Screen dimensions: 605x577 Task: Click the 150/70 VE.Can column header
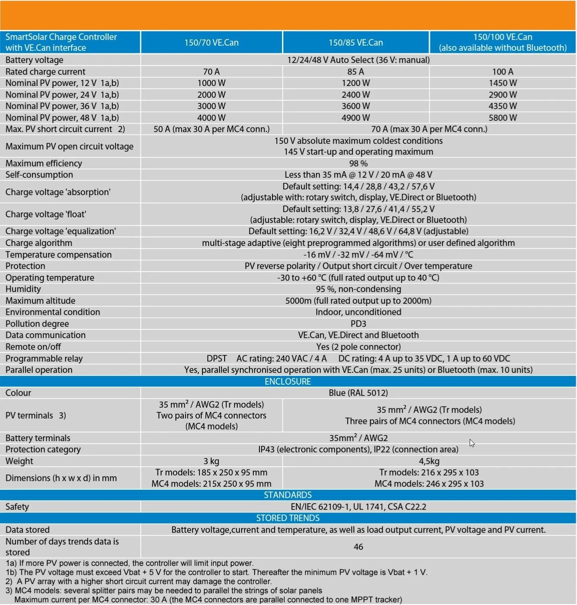tap(211, 43)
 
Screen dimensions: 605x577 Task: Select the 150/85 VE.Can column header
tap(355, 43)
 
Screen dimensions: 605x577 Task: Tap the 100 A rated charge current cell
tap(502, 72)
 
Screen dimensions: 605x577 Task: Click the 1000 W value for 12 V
tap(211, 83)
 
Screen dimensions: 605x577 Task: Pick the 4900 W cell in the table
tap(355, 118)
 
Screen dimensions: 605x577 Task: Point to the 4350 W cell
tap(502, 106)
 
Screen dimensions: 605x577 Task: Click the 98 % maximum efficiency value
tap(358, 163)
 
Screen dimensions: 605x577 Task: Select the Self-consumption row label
tap(39, 175)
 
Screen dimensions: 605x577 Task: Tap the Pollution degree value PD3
tap(358, 324)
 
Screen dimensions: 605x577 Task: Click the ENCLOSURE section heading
tap(288, 382)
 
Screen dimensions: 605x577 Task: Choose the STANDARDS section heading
tap(288, 495)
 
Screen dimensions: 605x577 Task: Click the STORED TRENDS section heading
tap(288, 518)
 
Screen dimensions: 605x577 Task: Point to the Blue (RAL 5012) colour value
tap(358, 393)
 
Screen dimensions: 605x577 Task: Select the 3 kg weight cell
tap(211, 461)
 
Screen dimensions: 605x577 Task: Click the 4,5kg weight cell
tap(429, 461)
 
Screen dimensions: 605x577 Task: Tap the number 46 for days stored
tap(358, 547)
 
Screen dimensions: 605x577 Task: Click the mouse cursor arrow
tap(472, 443)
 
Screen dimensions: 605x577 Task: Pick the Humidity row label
tap(23, 289)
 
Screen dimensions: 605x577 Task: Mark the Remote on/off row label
tap(33, 347)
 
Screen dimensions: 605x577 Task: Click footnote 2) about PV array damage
tap(139, 582)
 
